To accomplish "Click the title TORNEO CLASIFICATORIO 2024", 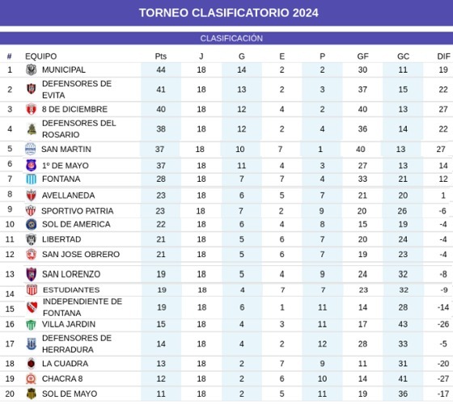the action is click(228, 13).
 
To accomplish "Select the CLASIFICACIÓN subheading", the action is click(231, 38).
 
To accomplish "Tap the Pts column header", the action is click(161, 57).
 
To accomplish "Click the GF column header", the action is click(362, 57).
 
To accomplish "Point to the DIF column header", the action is click(443, 57).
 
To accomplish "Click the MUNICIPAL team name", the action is click(64, 70).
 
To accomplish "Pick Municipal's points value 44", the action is click(161, 70).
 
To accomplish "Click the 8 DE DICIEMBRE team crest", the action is click(32, 109).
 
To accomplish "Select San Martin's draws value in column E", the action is click(280, 150).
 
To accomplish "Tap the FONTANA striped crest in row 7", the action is click(32, 179).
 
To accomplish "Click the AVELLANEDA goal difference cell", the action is click(443, 196).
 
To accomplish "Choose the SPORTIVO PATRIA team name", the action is click(77, 211).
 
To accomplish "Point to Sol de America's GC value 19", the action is click(403, 224).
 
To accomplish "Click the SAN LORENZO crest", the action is click(32, 274).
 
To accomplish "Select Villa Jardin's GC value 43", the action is click(403, 324).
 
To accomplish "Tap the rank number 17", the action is click(10, 344).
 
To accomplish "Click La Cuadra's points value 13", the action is click(161, 364).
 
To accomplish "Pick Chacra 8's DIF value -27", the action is click(443, 378).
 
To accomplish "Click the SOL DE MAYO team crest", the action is click(32, 394).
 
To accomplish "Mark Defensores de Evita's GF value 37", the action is click(362, 90).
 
